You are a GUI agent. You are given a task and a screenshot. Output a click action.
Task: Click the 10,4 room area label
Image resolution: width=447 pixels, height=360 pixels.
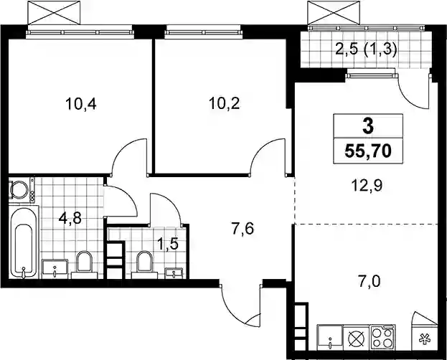point(81,104)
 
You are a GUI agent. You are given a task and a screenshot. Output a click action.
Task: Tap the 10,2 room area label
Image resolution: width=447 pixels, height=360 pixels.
point(225,103)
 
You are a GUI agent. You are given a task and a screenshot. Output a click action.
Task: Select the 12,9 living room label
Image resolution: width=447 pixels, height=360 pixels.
point(367,186)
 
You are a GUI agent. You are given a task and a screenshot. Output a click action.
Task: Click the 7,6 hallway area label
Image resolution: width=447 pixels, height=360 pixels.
point(243,229)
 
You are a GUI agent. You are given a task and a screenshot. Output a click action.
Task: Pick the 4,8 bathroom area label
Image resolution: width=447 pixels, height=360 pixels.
point(70,218)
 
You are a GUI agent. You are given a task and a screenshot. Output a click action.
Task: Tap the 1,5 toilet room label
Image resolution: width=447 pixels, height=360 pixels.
point(168,245)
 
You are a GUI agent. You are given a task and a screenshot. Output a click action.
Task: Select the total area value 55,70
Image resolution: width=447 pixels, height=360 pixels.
point(368,151)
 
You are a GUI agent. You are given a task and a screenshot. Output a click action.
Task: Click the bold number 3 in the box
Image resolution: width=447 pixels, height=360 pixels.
point(368,126)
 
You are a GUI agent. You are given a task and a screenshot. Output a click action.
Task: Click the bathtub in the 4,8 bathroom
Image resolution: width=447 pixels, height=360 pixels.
point(24,242)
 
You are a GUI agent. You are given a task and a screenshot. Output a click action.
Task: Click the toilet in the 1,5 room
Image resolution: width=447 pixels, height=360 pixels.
point(144,265)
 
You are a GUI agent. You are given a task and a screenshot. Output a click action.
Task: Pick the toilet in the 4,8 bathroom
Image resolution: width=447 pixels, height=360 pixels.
point(85,265)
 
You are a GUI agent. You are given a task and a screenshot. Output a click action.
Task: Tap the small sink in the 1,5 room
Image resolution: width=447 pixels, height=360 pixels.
point(174,273)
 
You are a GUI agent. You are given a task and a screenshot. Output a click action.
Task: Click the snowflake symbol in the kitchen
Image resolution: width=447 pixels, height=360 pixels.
point(425,340)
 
